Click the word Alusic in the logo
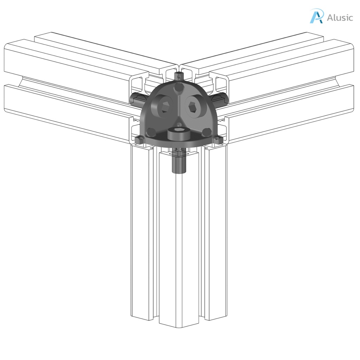pyautogui.click(x=340, y=17)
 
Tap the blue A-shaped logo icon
pyautogui.click(x=316, y=16)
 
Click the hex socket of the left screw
pyautogui.click(x=164, y=107)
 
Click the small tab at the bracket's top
pyautogui.click(x=179, y=75)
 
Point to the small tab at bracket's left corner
pyautogui.click(x=139, y=140)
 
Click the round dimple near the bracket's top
pyautogui.click(x=179, y=86)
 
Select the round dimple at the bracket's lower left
pyautogui.click(x=151, y=132)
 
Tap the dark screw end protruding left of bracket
pyautogui.click(x=135, y=99)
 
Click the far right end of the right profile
pyautogui.click(x=353, y=77)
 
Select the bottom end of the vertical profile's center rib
pyautogui.click(x=179, y=325)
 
